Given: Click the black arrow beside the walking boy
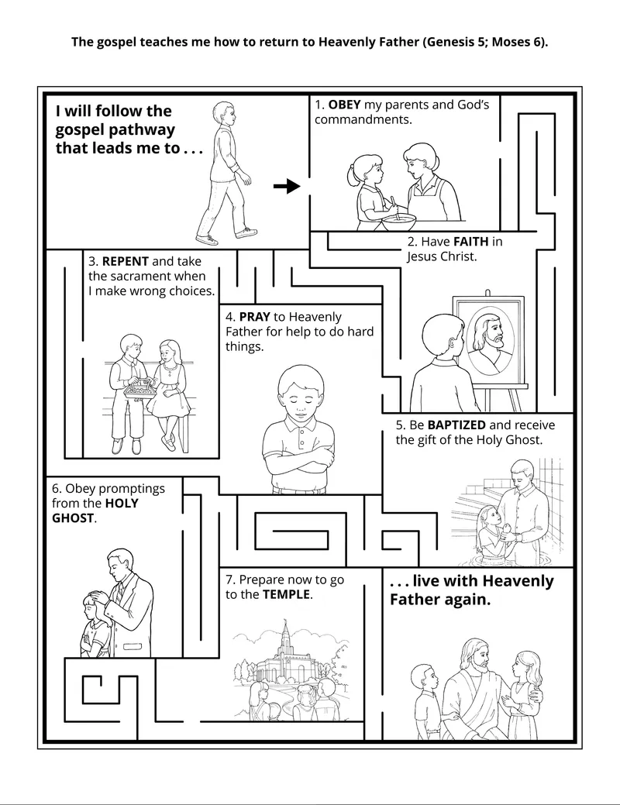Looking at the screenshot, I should click(287, 186).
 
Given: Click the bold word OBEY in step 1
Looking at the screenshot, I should click(345, 105).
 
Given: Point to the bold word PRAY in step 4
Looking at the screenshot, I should click(255, 317).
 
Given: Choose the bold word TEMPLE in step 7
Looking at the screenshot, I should click(286, 595).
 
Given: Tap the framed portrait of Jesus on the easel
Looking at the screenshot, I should click(489, 338).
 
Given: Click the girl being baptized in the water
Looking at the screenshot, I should click(490, 529).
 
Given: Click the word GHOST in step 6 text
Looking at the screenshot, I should click(73, 518).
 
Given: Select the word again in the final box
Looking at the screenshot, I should click(463, 600).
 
